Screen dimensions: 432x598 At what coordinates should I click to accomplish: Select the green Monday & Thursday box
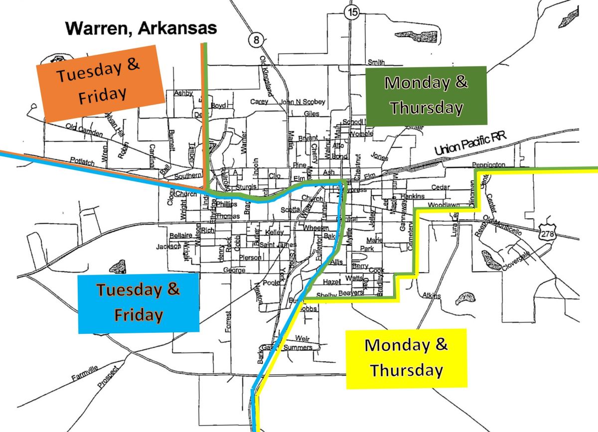(426, 95)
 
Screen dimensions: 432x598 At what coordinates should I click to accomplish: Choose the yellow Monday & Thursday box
(406, 358)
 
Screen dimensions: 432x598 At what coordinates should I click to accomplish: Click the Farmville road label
(86, 373)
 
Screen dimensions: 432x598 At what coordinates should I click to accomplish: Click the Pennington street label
(488, 164)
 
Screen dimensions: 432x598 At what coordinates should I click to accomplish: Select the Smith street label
(376, 62)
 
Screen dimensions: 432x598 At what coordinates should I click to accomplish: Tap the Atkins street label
(431, 296)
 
